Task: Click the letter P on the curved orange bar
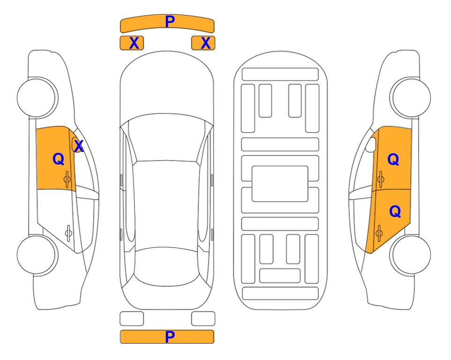coord(170,22)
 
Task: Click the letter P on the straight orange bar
coord(170,337)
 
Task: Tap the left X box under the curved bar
coord(132,43)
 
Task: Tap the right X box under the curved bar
coord(203,43)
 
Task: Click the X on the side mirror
coord(79,146)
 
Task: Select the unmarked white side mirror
coord(370,144)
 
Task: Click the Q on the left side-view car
coord(59,159)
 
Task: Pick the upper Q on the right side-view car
coord(393,159)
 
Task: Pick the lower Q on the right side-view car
coord(395,212)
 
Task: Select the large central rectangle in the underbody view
coord(280,184)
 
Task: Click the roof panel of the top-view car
coord(166,204)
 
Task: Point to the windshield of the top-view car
coord(167,138)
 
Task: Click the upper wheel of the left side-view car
coord(37,98)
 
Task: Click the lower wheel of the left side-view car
coord(37,255)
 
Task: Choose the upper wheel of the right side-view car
coord(410,98)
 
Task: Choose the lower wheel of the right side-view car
coord(410,255)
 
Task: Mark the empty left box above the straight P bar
coord(132,319)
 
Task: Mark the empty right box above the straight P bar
coord(203,319)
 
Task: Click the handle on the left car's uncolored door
coord(68,233)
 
